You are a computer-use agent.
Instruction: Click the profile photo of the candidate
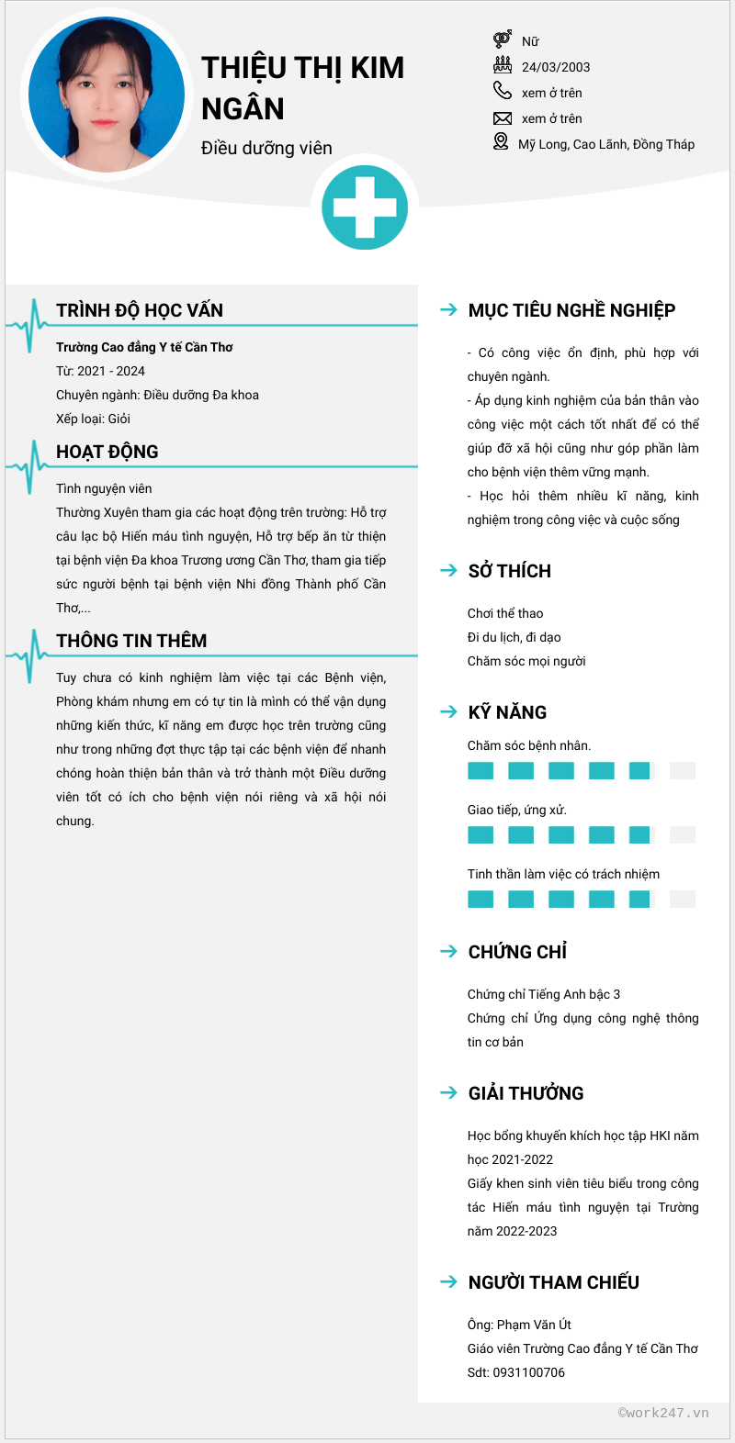pyautogui.click(x=107, y=95)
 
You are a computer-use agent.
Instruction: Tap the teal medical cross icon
pyautogui.click(x=365, y=207)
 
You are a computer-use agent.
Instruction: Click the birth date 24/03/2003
pyautogui.click(x=556, y=67)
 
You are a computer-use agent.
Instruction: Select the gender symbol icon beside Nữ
pyautogui.click(x=502, y=39)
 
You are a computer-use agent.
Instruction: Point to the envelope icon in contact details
pyautogui.click(x=502, y=118)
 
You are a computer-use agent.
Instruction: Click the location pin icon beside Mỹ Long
pyautogui.click(x=501, y=141)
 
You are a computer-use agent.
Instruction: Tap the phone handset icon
pyautogui.click(x=502, y=90)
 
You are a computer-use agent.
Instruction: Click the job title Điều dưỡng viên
pyautogui.click(x=266, y=148)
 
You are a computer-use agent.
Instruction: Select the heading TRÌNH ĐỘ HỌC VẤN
pyautogui.click(x=140, y=310)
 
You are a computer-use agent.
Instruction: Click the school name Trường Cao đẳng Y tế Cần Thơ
pyautogui.click(x=144, y=347)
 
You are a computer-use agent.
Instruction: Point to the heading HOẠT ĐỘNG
pyautogui.click(x=107, y=452)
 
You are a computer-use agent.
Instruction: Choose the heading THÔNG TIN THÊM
pyautogui.click(x=131, y=641)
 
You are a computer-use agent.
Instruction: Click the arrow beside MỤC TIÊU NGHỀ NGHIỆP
pyautogui.click(x=448, y=310)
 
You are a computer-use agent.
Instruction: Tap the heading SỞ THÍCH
pyautogui.click(x=510, y=571)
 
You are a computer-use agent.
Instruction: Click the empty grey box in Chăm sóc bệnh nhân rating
pyautogui.click(x=683, y=771)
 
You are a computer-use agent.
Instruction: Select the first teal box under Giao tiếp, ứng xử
pyautogui.click(x=481, y=835)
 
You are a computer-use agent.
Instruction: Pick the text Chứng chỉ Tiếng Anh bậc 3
pyautogui.click(x=544, y=994)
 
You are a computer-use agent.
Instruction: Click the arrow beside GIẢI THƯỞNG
pyautogui.click(x=448, y=1092)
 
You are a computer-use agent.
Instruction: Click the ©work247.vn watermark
pyautogui.click(x=663, y=1413)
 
